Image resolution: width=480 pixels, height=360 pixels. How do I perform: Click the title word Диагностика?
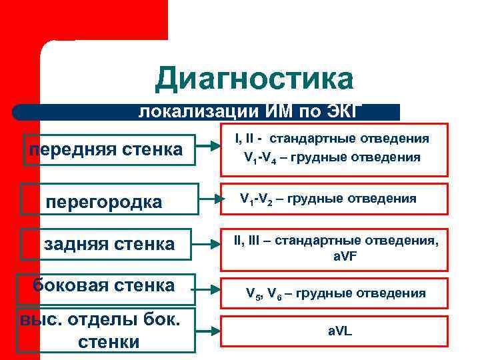(x=254, y=79)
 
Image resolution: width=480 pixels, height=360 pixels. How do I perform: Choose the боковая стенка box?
(x=106, y=286)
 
